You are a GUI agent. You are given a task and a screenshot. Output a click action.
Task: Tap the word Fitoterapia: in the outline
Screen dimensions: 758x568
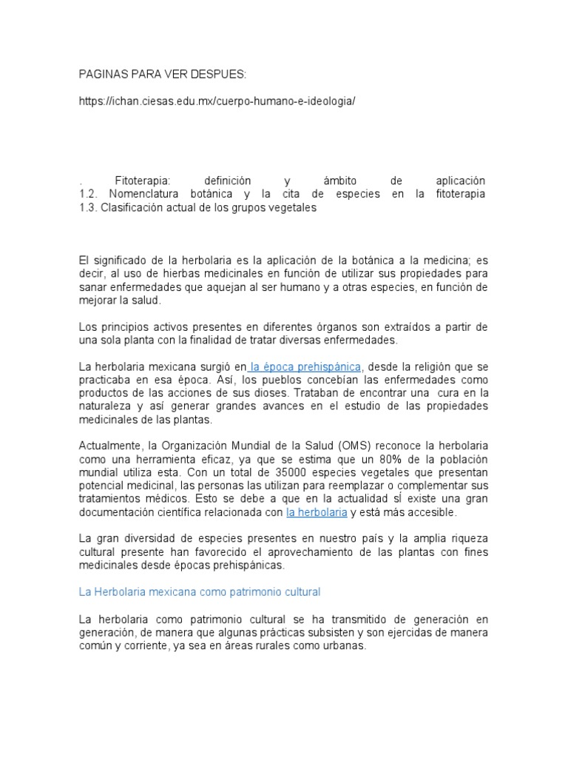[143, 181]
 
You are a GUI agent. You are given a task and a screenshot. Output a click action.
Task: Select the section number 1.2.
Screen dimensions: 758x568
[89, 194]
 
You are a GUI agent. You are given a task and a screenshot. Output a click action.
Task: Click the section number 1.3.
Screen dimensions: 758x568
[89, 207]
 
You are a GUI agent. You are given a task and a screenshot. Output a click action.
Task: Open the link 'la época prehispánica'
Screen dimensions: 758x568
[305, 366]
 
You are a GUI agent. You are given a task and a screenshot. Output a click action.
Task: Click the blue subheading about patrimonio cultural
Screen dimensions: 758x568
[200, 592]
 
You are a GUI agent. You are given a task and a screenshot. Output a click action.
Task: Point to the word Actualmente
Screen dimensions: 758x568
[110, 445]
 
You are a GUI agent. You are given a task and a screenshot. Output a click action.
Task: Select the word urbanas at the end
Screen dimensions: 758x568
[343, 645]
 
